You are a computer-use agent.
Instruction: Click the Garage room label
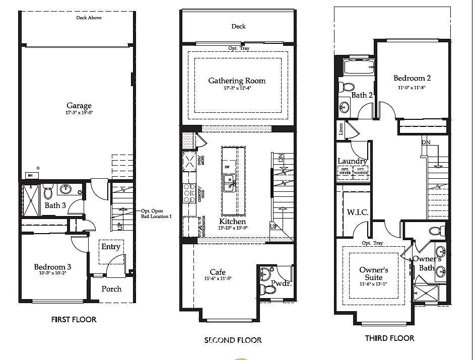pos(79,106)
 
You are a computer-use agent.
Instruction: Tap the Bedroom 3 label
pos(52,267)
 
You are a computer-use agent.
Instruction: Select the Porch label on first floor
pos(111,289)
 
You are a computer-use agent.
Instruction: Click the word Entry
pos(111,247)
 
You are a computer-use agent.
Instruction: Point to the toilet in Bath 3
pos(48,192)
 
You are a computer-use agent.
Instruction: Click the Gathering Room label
pos(237,81)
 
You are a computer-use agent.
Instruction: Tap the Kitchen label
pos(232,222)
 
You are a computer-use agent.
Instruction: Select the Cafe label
pos(218,272)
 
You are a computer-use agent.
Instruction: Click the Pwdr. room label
pos(281,283)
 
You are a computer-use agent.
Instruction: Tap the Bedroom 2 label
pos(412,78)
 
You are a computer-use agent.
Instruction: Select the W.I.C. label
pos(358,212)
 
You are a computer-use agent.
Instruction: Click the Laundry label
pos(352,161)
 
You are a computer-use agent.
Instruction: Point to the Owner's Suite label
pos(373,274)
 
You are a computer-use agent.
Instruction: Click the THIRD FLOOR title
pos(389,338)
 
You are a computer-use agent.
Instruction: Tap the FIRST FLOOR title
pos(74,319)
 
